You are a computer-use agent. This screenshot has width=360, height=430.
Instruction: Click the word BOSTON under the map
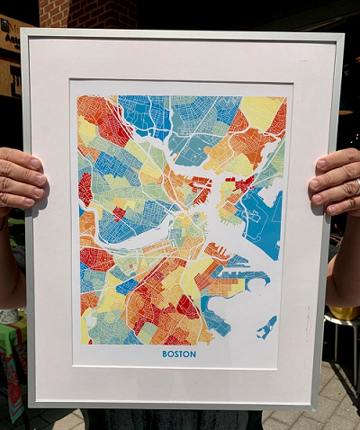pos(179,354)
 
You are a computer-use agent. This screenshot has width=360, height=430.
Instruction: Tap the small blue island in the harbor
pos(265,328)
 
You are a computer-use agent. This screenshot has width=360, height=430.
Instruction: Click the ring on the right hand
pos(356,186)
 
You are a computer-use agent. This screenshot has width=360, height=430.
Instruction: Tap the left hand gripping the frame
pos(20,180)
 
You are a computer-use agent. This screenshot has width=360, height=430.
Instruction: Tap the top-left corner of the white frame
pos(25,33)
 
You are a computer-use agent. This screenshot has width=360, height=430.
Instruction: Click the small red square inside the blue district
pos(119,213)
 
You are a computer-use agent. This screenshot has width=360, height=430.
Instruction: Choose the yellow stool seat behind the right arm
pos(344,316)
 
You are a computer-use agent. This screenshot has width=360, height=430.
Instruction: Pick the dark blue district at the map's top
pos(144,112)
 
